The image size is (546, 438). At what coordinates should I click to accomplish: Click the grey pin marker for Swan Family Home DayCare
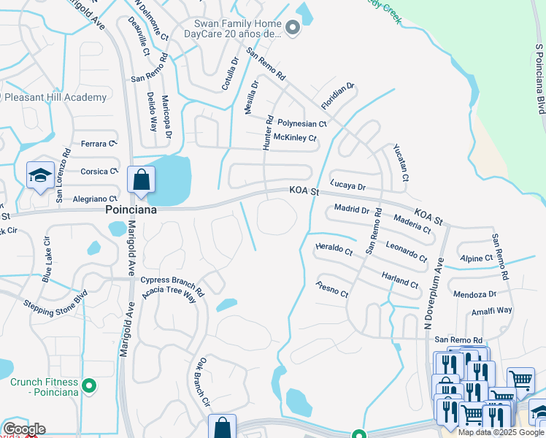tap(293, 29)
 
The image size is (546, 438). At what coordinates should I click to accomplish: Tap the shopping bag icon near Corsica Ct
tap(140, 180)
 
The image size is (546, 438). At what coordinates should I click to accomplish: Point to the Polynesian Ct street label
tap(301, 123)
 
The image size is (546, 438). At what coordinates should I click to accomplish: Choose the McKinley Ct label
tap(295, 137)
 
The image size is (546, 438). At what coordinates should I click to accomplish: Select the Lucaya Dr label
tap(347, 185)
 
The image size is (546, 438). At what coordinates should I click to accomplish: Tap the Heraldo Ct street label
tap(334, 250)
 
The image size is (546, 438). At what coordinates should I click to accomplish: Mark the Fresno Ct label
tap(331, 288)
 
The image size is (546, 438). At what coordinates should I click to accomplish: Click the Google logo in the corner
tap(24, 429)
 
